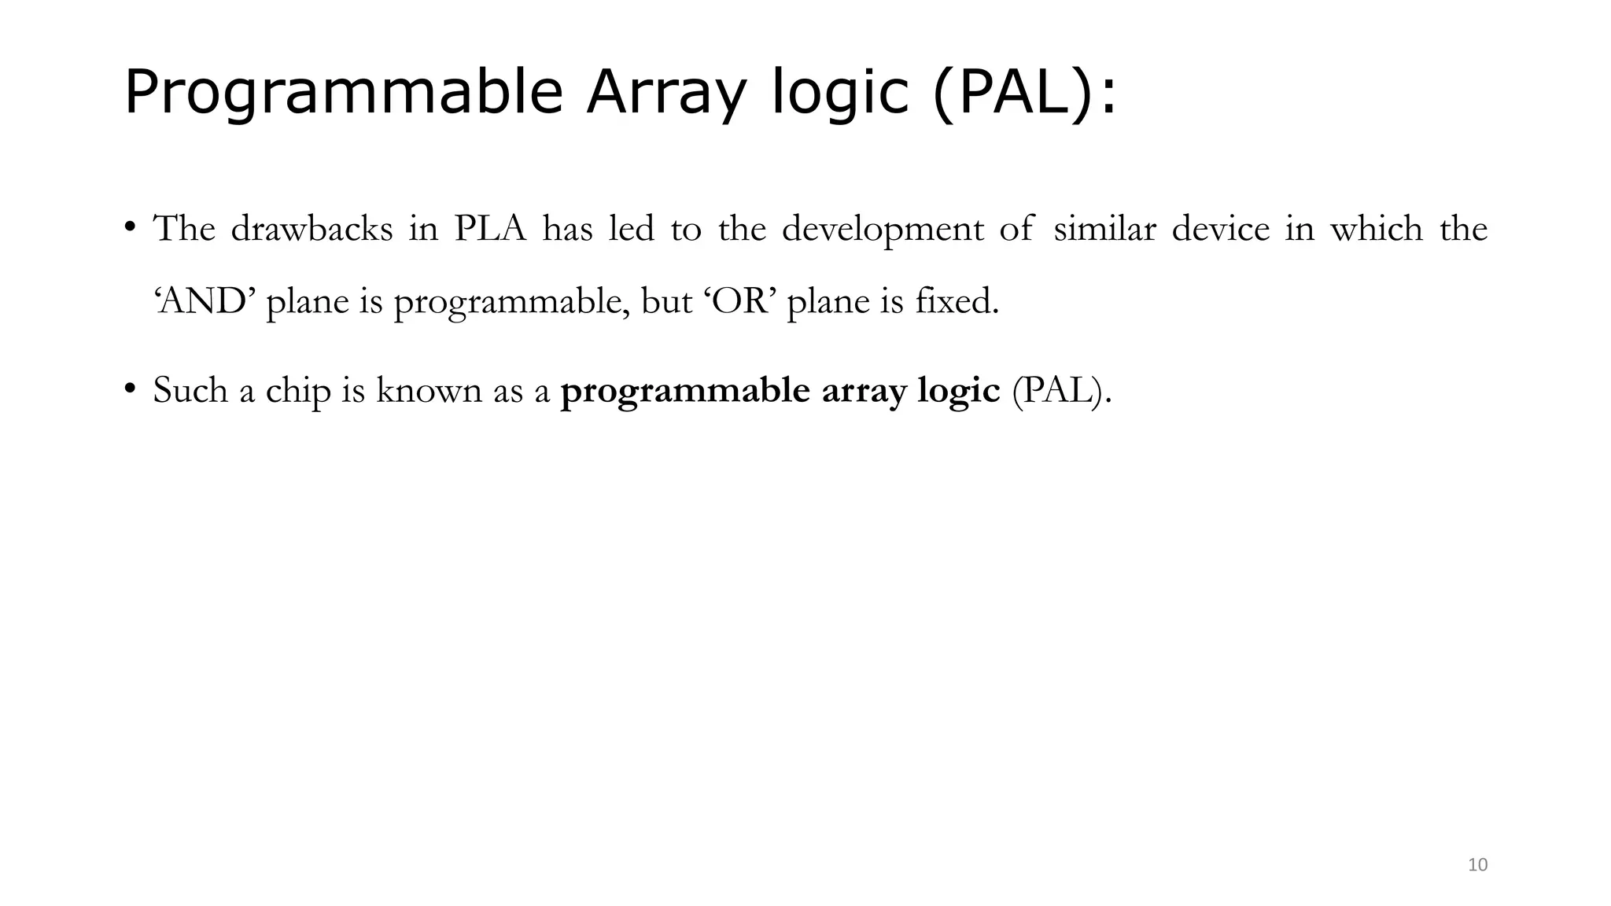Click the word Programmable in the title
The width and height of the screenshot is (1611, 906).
click(x=343, y=93)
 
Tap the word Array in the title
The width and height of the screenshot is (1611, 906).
click(x=665, y=93)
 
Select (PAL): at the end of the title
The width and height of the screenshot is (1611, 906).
click(x=1023, y=93)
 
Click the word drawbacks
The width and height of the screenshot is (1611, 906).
click(x=312, y=229)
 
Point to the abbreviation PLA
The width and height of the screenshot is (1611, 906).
click(x=490, y=229)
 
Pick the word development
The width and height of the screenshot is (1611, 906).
click(x=883, y=229)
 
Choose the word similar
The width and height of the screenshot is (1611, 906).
click(x=1104, y=229)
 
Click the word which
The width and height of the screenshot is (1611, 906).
click(x=1377, y=229)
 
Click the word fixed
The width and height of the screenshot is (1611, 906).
click(x=957, y=301)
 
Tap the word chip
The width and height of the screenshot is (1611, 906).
click(x=298, y=390)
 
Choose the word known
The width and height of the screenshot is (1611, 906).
click(x=429, y=390)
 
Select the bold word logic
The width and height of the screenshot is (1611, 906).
click(x=958, y=390)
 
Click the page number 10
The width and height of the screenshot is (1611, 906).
click(x=1478, y=865)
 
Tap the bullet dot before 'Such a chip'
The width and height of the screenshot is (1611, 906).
click(x=130, y=389)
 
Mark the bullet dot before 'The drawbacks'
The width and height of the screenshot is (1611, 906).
click(x=130, y=227)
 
